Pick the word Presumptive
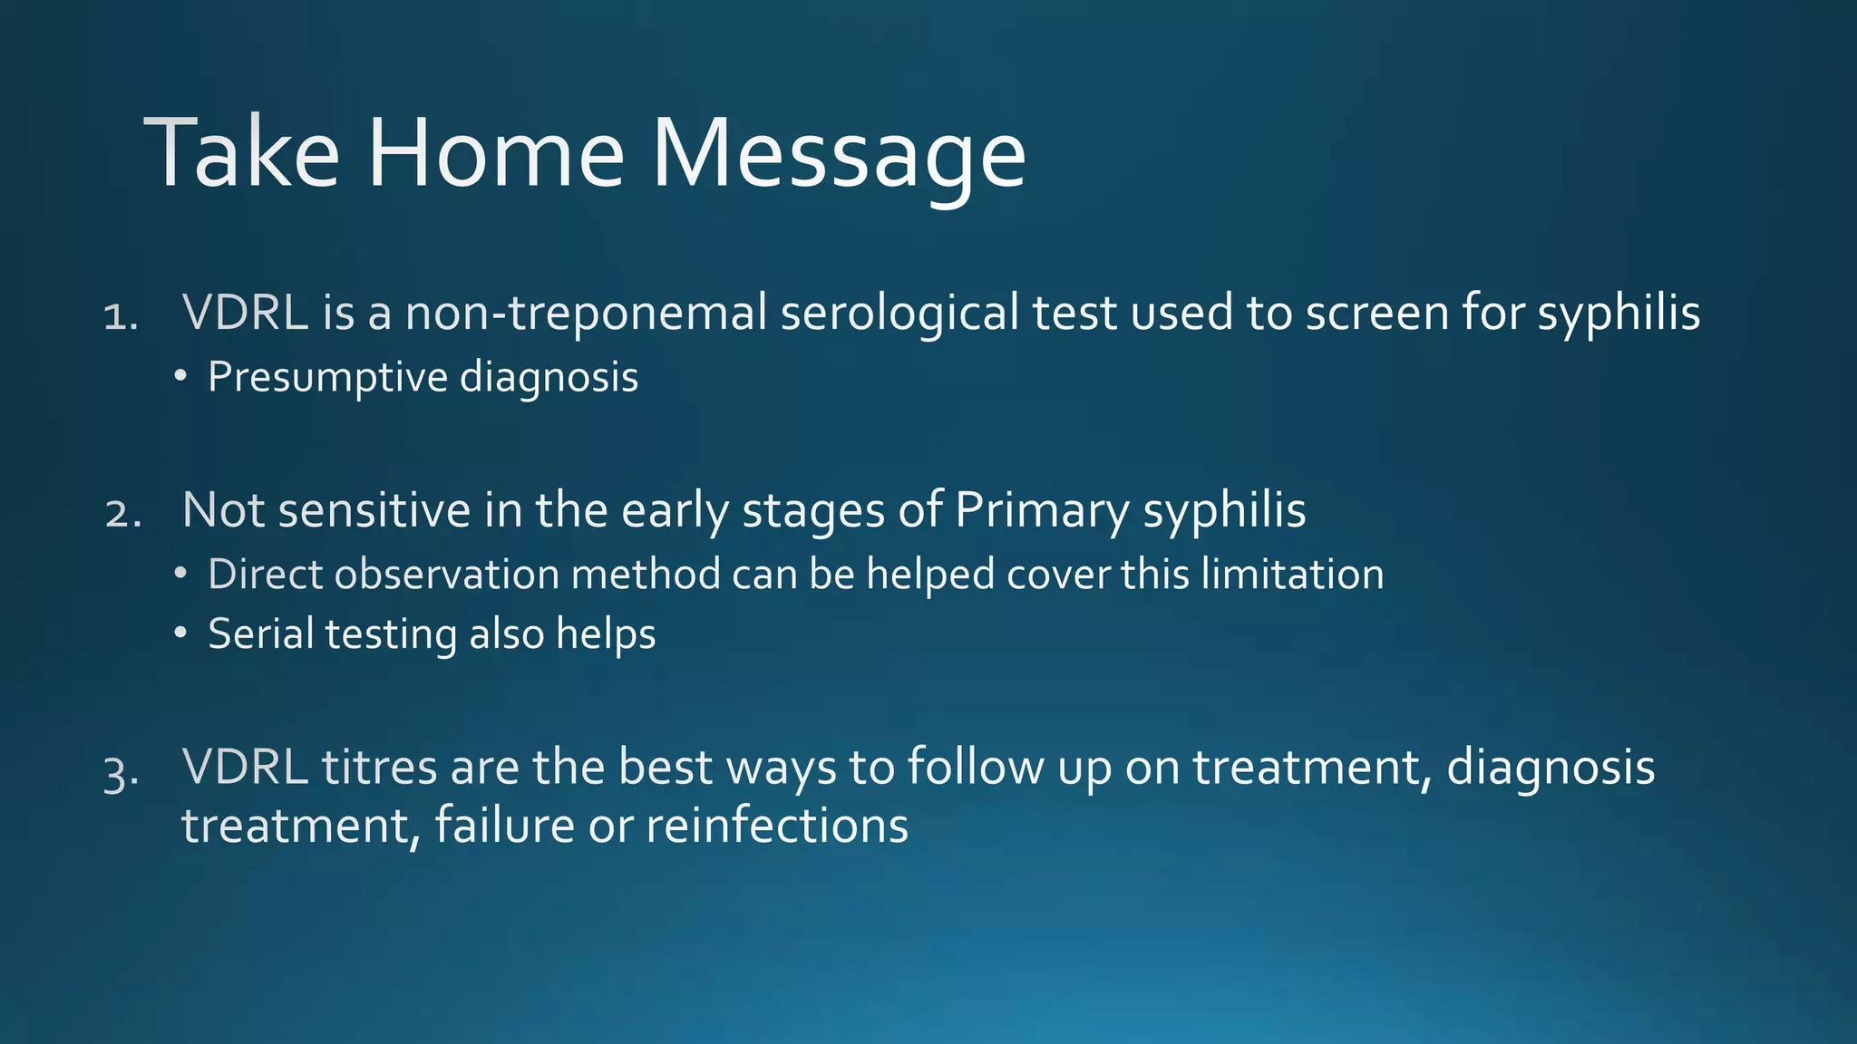click(327, 377)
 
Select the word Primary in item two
click(1042, 510)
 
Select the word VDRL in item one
click(245, 313)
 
